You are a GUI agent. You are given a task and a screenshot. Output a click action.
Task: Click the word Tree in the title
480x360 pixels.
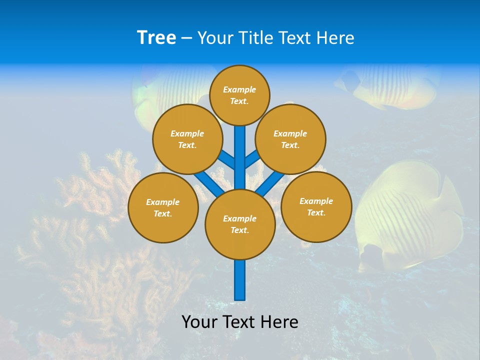[x=156, y=38]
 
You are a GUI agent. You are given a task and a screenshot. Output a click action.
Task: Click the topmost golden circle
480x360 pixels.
[x=239, y=95]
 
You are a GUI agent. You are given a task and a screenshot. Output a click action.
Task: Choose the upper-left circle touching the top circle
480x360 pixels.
[x=187, y=139]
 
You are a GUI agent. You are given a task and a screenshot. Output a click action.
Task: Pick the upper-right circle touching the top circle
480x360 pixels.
[x=290, y=139]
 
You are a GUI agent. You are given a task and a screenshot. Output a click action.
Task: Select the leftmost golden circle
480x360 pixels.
[x=163, y=207]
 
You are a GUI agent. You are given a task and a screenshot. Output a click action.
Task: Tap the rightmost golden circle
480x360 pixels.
[x=316, y=206]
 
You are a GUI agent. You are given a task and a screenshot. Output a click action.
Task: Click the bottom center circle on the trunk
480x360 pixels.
[x=240, y=224]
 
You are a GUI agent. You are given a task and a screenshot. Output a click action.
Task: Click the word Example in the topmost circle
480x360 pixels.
[x=239, y=90]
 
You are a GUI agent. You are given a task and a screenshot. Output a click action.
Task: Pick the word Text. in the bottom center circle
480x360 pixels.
[x=239, y=230]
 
